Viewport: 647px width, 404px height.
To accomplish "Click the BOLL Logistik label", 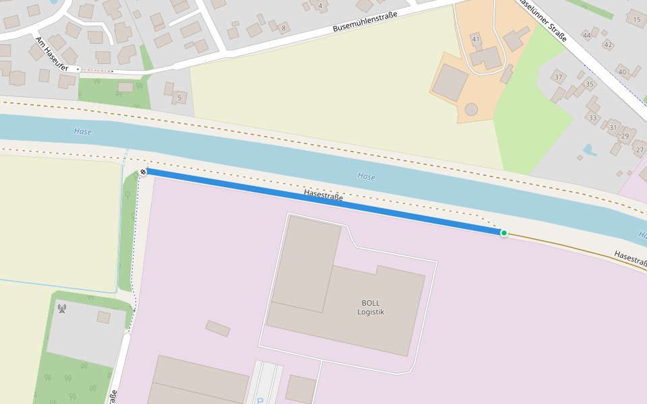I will [371, 307].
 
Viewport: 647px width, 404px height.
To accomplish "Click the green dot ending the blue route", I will [503, 233].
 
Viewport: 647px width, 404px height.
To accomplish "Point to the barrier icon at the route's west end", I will [143, 172].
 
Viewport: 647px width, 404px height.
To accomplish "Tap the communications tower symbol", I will [62, 308].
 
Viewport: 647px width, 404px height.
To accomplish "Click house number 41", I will [476, 40].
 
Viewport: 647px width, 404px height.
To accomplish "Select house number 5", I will [179, 98].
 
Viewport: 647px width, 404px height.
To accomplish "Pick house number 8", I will [284, 28].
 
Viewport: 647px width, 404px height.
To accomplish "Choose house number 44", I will [587, 35].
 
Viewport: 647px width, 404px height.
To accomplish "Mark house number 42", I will [608, 45].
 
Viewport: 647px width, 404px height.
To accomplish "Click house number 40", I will [622, 72].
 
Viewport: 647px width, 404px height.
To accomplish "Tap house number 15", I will [637, 20].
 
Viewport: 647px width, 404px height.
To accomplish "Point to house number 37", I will [558, 77].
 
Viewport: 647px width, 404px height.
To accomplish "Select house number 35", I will [590, 84].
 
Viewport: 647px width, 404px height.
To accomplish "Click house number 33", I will [592, 119].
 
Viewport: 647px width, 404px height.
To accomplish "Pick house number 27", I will [640, 149].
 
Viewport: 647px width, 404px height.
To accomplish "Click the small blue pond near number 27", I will [590, 149].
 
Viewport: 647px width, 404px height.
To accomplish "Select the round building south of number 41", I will [471, 109].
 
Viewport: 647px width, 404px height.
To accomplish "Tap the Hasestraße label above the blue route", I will [323, 195].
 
